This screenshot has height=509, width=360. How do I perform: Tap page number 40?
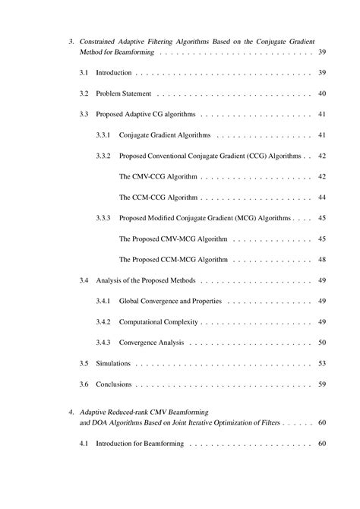click(322, 93)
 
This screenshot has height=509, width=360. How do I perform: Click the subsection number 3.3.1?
click(103, 135)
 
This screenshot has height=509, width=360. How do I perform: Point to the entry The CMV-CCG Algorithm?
click(158, 176)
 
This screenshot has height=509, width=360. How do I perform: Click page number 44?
click(322, 198)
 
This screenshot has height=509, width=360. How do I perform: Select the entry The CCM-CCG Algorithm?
click(158, 198)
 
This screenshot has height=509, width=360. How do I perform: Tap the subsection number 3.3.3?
click(103, 218)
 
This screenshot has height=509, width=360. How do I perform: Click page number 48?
click(322, 260)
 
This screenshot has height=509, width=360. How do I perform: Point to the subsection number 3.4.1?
click(103, 301)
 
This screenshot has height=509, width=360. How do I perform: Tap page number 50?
click(322, 343)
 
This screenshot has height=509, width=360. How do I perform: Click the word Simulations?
click(113, 364)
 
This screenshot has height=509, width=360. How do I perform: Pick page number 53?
click(322, 364)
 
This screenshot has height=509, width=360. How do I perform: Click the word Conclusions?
click(114, 384)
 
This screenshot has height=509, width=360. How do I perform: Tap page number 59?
click(322, 384)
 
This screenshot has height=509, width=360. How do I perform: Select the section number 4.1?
click(84, 444)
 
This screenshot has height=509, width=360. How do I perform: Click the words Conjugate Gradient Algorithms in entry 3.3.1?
click(165, 135)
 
